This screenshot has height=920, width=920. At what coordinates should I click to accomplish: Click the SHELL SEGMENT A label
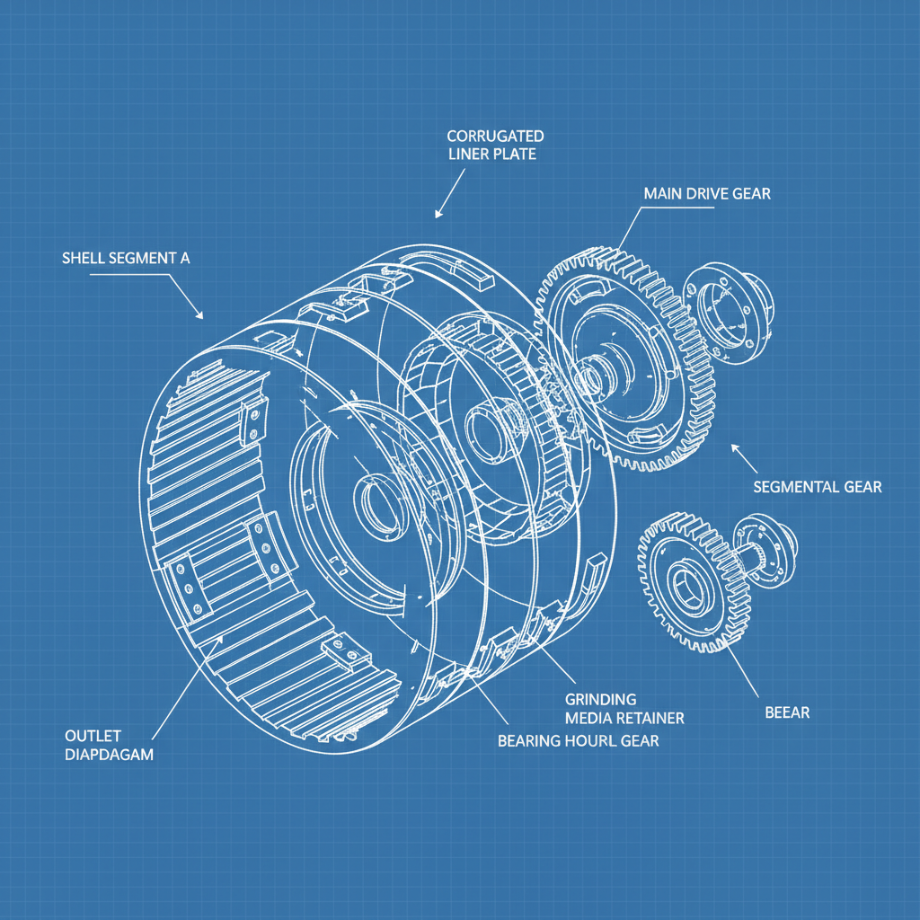[x=126, y=258]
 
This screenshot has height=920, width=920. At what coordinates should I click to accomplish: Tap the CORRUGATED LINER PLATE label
[x=495, y=145]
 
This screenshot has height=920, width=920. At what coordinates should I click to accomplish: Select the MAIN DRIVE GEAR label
[x=707, y=193]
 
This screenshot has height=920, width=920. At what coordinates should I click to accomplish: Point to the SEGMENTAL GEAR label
[x=817, y=487]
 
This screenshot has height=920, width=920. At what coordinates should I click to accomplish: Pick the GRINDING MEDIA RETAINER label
[x=624, y=709]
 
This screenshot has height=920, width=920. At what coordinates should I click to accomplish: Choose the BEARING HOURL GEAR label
[x=578, y=740]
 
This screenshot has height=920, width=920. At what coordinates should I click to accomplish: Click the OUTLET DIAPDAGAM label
[x=110, y=743]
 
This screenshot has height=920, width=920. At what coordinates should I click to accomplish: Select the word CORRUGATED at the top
[x=495, y=136]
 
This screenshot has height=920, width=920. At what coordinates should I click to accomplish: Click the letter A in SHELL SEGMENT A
[x=184, y=258]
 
